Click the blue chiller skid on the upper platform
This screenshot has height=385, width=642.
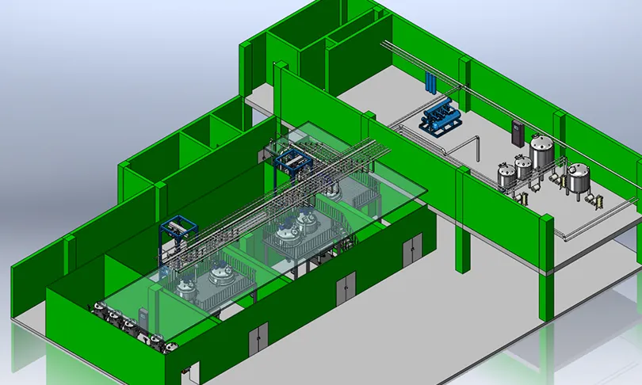click(x=438, y=119)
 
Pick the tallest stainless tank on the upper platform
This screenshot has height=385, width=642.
click(x=542, y=152)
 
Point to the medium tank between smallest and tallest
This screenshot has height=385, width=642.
click(x=523, y=167)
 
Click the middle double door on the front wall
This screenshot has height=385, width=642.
click(x=346, y=289)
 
